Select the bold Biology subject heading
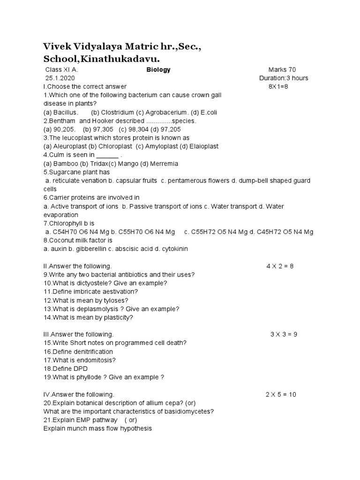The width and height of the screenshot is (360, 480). point(158,70)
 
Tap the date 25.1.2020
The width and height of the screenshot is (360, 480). point(60,78)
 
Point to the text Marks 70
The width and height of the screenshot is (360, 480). point(282,70)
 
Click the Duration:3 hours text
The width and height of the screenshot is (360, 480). point(284,78)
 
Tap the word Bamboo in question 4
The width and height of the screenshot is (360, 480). point(66,164)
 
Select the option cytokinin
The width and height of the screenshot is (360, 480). point(173,249)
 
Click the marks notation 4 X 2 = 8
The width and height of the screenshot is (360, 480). point(280,266)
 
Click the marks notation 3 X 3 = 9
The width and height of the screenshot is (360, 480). point(284,334)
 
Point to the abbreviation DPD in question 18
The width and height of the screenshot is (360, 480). point(80,368)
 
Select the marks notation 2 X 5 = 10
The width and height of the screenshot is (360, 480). point(281,394)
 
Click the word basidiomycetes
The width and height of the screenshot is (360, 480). point(187,412)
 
